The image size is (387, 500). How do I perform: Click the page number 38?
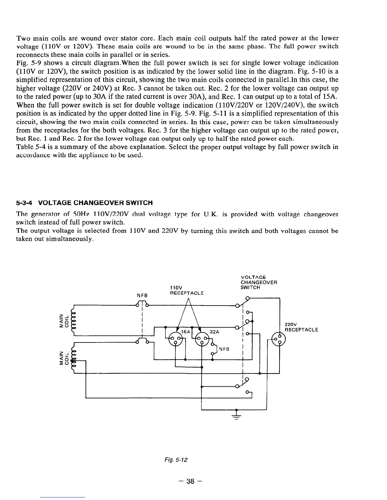[190, 481]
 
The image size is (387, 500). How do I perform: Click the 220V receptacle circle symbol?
[279, 340]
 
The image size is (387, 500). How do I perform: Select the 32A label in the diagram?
[214, 332]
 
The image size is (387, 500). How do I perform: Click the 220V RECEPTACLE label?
[301, 327]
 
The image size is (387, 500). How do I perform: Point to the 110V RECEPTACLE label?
[187, 290]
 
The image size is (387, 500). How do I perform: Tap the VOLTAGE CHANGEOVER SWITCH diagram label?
[259, 282]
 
